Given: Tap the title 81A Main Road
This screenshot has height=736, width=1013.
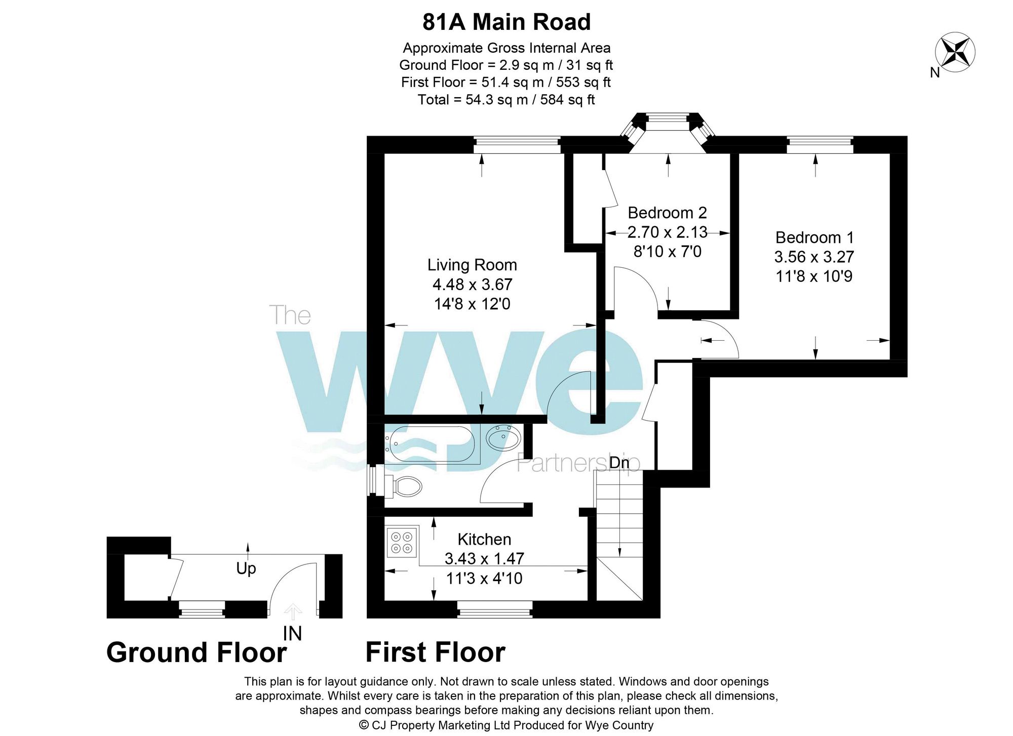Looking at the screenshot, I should (506, 22).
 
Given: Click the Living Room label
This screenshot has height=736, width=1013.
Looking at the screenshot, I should (472, 265).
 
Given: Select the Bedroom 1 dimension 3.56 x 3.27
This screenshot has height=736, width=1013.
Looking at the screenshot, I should (814, 257).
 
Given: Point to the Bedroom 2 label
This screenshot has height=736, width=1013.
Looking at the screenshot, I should (667, 213).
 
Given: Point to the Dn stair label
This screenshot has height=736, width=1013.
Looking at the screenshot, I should (619, 462).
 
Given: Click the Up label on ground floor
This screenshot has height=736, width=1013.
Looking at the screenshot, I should (246, 568).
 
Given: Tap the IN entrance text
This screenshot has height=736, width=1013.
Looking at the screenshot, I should (292, 633).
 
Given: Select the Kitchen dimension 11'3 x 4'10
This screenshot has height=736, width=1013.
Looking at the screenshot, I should (484, 578).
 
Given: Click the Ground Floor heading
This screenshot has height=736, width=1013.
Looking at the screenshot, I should (197, 652).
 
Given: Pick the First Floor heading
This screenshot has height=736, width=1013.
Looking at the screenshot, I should (435, 652).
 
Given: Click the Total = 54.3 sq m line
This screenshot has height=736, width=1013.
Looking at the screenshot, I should (506, 100).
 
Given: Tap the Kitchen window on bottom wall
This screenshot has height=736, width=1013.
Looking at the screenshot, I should (495, 609).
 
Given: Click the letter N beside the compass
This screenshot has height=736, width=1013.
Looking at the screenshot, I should (934, 73).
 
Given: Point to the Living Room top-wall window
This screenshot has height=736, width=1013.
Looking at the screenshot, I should (517, 145).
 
